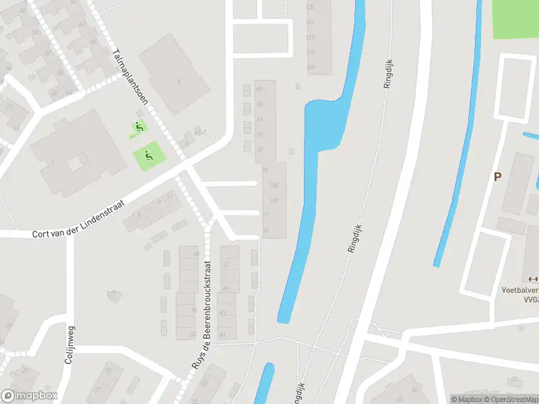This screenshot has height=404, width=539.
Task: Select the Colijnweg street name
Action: (x=69, y=344)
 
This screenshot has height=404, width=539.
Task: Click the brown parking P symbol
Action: (x=498, y=177)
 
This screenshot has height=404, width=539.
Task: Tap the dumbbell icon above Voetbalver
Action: (x=534, y=279)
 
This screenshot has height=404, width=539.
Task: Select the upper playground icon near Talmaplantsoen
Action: (x=139, y=126)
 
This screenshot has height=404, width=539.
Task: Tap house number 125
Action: (x=311, y=7)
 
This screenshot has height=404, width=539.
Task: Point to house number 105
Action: (x=274, y=185)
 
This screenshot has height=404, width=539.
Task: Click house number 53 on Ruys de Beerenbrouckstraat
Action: (x=226, y=265)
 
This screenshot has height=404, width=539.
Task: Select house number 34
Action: (x=193, y=334)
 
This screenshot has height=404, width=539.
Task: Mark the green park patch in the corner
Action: (x=515, y=18)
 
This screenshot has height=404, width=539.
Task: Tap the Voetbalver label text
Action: (x=519, y=291)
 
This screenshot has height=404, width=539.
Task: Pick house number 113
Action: (x=311, y=52)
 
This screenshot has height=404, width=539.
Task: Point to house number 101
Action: (x=274, y=200)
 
